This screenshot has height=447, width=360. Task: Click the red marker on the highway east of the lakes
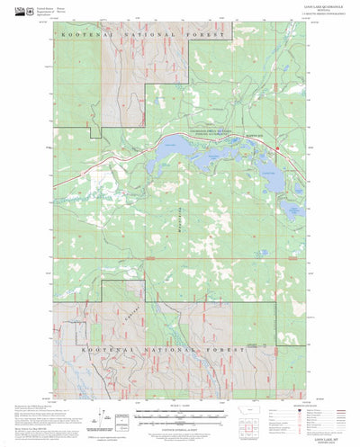point(277,149)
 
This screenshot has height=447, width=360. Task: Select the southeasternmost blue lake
point(292,210)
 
